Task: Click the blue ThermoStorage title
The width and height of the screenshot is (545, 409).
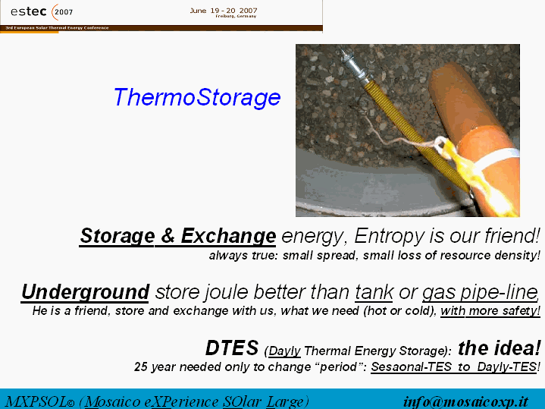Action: coord(197,97)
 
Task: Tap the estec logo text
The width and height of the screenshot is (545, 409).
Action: coord(29,11)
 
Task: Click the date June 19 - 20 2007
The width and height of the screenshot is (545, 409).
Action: coord(224,11)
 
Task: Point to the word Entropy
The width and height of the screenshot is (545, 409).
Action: coord(390,236)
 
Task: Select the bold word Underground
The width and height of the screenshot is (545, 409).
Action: coord(85,292)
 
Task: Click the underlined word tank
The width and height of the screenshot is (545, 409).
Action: coord(374,291)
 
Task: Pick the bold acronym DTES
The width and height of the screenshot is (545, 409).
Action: coord(232,348)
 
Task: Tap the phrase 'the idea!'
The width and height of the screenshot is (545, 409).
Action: coord(499,348)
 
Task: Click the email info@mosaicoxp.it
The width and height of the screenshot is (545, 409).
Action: coord(465,402)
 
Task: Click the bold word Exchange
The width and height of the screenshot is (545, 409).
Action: coord(228,236)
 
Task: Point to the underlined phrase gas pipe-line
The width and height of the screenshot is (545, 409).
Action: coord(480,292)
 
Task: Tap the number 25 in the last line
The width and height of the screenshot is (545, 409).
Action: coord(142,367)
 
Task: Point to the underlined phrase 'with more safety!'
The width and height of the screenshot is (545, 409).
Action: coord(490,310)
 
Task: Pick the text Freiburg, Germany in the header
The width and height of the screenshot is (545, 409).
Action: coord(236,17)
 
